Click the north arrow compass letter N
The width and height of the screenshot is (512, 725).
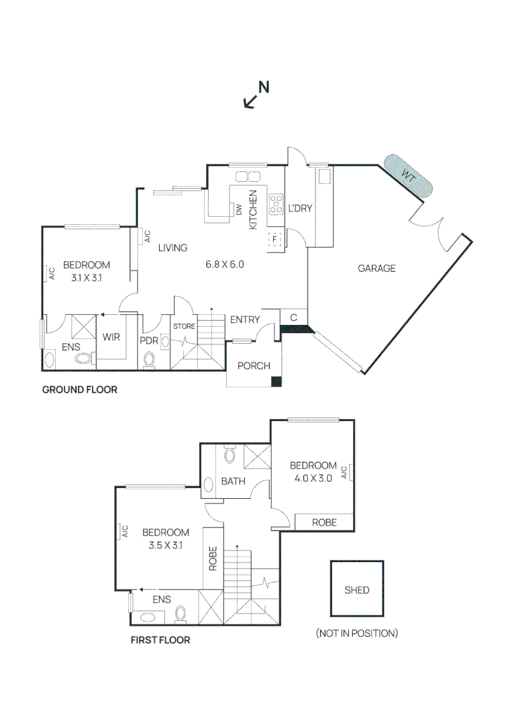pos(264,87)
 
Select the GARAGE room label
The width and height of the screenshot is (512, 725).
pos(376,268)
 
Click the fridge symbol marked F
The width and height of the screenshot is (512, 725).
pos(275,239)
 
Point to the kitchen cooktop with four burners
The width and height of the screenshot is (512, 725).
pos(276,204)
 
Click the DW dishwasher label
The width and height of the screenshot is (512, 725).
pos(239,209)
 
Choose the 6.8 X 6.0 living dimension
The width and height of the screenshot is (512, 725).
pos(225,264)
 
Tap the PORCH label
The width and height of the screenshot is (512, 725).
pos(254,366)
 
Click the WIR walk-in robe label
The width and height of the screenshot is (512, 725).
pos(111,337)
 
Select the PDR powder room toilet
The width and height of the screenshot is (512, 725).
pos(149,359)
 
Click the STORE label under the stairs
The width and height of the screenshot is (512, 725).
pos(184,326)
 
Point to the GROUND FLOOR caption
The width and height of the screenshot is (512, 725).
pos(79,390)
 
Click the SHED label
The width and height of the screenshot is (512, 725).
pos(357,590)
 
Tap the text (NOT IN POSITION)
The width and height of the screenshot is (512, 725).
pos(357,633)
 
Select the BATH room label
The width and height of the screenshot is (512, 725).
pos(234,481)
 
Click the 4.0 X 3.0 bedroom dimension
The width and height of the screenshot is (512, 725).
pos(313,478)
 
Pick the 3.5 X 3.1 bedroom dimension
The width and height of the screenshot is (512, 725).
pos(166,545)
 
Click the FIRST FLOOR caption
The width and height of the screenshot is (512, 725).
pos(160,640)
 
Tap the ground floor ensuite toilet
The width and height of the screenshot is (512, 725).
pos(84,358)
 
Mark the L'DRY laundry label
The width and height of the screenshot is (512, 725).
pos(301,209)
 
